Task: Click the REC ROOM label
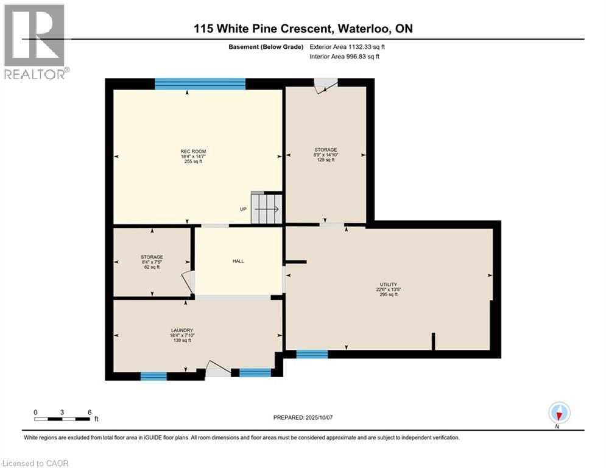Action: tap(193, 151)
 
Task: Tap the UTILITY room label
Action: tap(389, 285)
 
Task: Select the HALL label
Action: tap(238, 261)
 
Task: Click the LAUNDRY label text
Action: tap(182, 330)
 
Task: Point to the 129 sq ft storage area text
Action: tap(326, 160)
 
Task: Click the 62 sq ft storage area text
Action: tap(152, 268)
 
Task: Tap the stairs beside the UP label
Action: tap(267, 209)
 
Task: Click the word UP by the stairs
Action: tap(243, 209)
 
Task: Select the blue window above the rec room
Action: tap(200, 84)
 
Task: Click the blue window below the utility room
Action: tap(312, 354)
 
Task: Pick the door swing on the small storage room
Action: tap(188, 282)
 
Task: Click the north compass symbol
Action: tap(559, 413)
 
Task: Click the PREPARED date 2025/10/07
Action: tap(319, 417)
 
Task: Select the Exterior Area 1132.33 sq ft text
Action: tap(347, 47)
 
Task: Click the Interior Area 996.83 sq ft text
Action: tap(344, 57)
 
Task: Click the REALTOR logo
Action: tap(35, 42)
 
